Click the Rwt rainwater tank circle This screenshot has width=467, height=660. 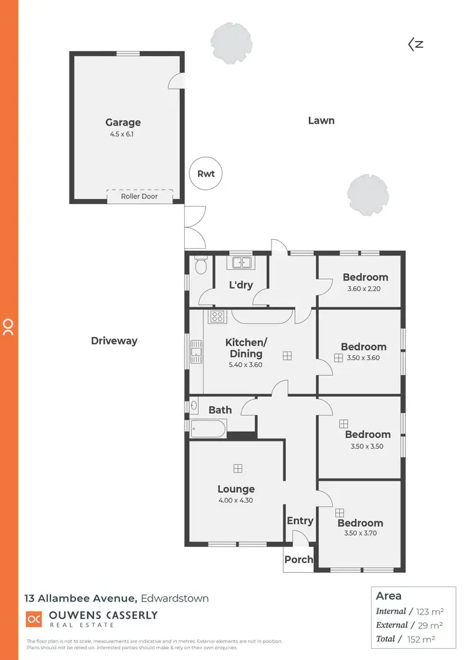pyautogui.click(x=205, y=174)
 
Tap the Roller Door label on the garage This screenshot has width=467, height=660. pyautogui.click(x=139, y=197)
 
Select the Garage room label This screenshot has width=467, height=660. pyautogui.click(x=123, y=123)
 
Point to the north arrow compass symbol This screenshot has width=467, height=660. pyautogui.click(x=415, y=44)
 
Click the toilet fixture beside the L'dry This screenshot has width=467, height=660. pyautogui.click(x=200, y=267)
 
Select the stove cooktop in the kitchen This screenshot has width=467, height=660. pyautogui.click(x=216, y=317)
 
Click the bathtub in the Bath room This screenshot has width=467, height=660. pyautogui.click(x=209, y=426)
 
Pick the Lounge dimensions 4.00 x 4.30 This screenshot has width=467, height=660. pyautogui.click(x=236, y=500)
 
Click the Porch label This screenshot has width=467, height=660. pyautogui.click(x=298, y=559)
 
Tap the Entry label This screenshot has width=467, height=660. pyautogui.click(x=300, y=521)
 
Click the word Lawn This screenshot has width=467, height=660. pyautogui.click(x=321, y=120)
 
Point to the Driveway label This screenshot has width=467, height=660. pyautogui.click(x=114, y=340)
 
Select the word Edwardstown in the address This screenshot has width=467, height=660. pyautogui.click(x=174, y=598)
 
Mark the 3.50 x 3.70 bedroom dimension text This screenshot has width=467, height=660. pyautogui.click(x=361, y=533)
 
